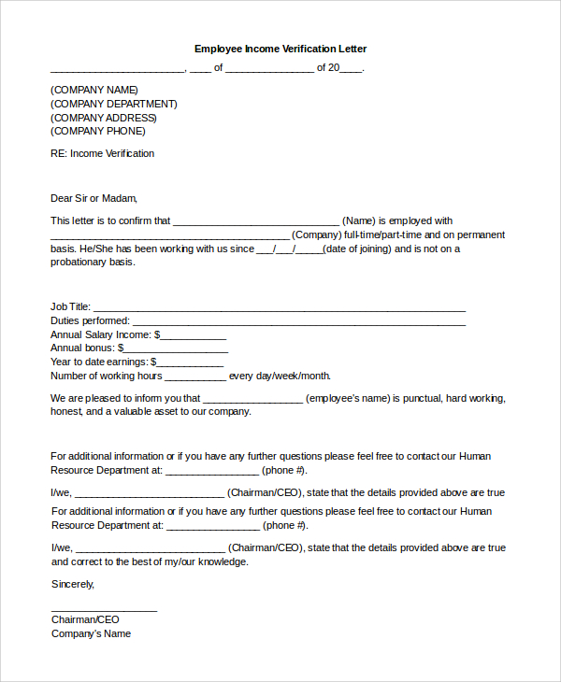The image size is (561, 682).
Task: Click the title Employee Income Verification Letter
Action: pos(280,49)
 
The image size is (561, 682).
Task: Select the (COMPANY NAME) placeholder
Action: pos(94,90)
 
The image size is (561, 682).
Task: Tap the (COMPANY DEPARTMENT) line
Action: pos(113,104)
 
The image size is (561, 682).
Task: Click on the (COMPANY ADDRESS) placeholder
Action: pos(104,118)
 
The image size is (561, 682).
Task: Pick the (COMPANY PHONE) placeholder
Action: pos(98,131)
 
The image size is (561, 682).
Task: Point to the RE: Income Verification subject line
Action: pos(102,153)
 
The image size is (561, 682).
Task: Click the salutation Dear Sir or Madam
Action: pos(93,198)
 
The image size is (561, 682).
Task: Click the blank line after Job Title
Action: pos(280,308)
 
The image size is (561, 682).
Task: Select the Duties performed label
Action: pos(90,321)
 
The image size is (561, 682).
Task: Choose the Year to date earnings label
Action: pos(99,362)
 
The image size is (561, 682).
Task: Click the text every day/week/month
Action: pos(280,376)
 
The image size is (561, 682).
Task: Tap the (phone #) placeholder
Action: pos(284,470)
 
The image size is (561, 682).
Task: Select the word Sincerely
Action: pos(73,584)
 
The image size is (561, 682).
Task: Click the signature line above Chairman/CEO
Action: pos(104,610)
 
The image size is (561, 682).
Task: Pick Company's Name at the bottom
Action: pos(91,633)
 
